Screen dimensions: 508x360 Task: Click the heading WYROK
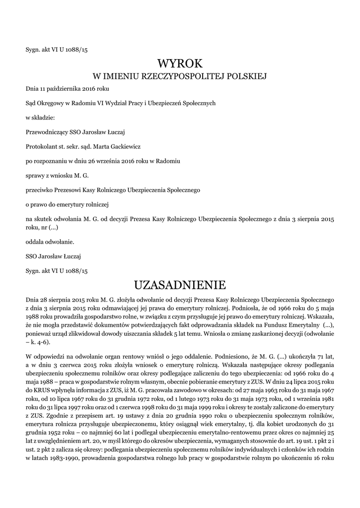tap(180, 63)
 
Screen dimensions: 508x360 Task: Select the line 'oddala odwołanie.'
tap(50, 242)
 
